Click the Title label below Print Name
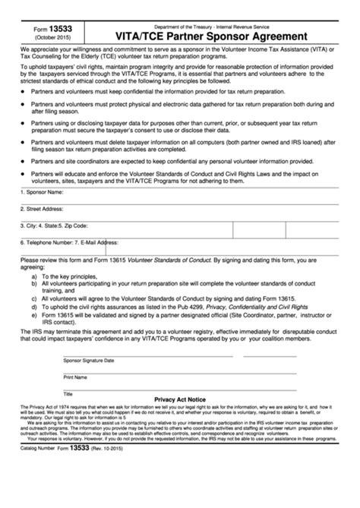(68, 393)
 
